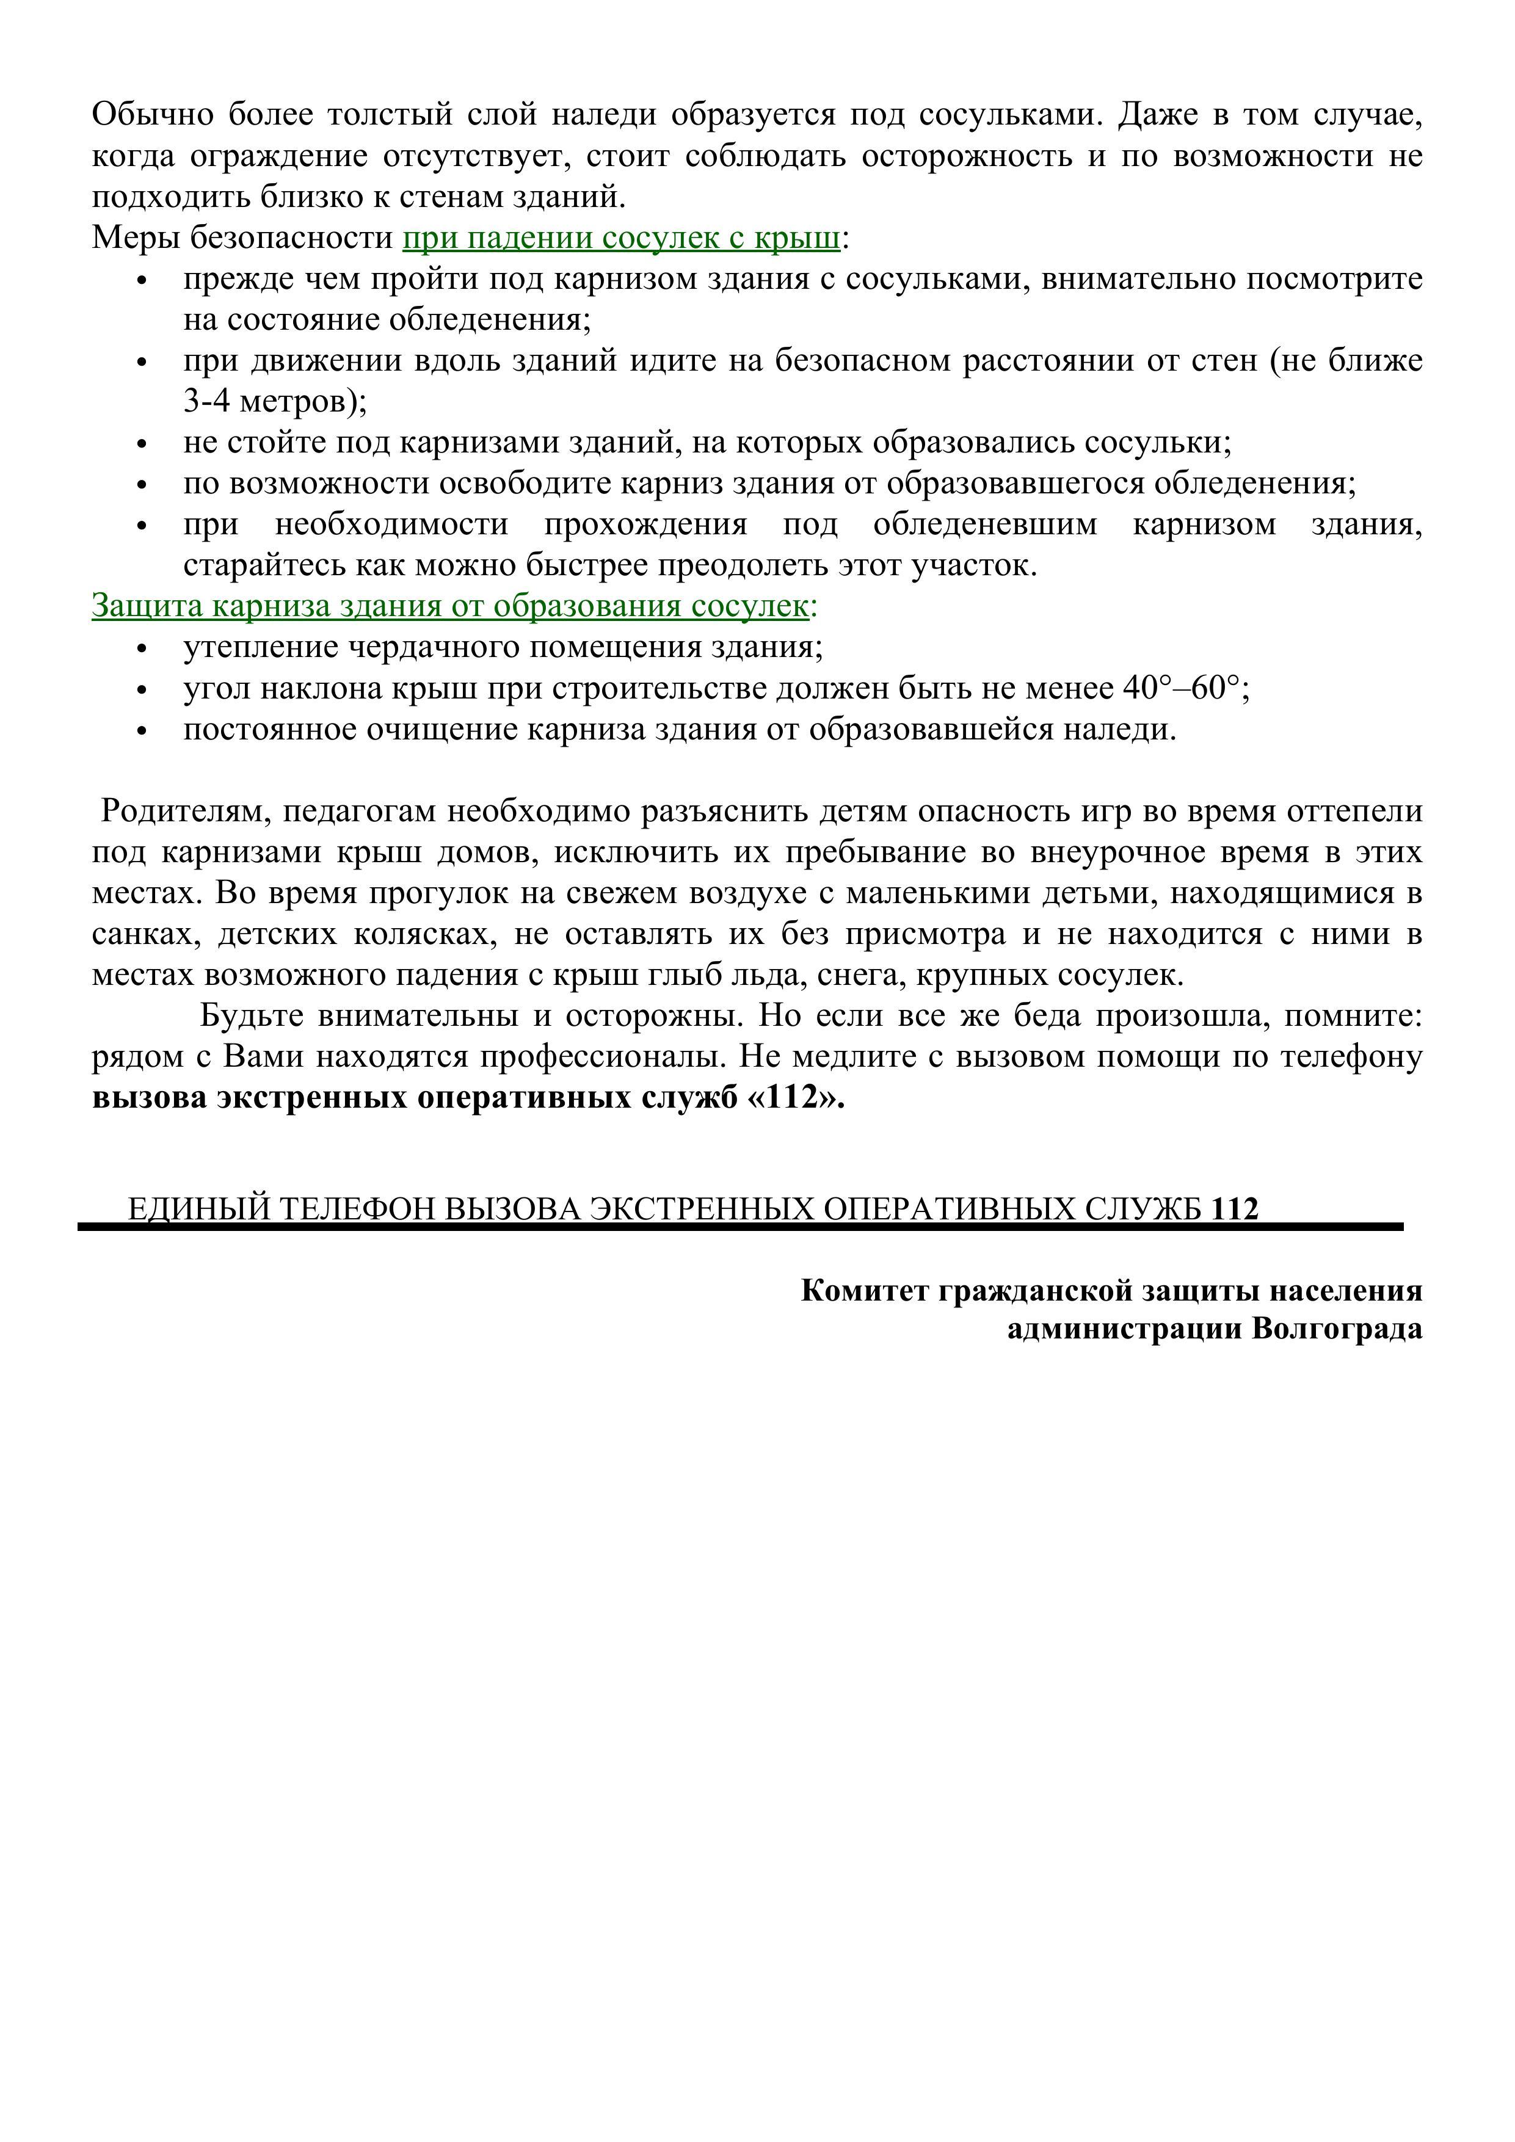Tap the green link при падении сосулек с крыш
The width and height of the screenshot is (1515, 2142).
(621, 238)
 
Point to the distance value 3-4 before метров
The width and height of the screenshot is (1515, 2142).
(206, 402)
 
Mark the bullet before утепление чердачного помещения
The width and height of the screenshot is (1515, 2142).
(143, 649)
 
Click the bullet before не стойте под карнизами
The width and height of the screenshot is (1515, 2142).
(143, 444)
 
